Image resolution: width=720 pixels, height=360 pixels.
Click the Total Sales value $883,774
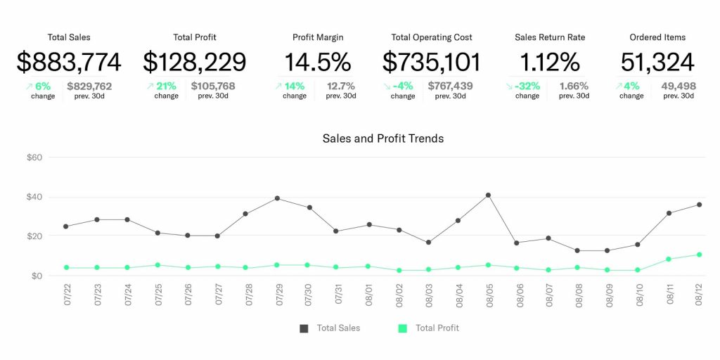pos(69,62)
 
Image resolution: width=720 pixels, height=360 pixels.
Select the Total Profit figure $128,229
pos(195,62)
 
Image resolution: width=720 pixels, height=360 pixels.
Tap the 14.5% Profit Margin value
pos(317,62)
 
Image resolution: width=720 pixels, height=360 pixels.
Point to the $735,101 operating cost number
pos(432,62)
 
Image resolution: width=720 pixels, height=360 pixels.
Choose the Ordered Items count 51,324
pos(657,62)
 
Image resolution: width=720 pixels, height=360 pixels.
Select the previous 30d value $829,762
pos(89,86)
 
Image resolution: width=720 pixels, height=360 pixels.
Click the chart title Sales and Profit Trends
pos(383,139)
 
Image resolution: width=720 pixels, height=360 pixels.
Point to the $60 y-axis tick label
pos(34,157)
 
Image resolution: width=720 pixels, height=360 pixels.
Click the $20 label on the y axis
pos(34,236)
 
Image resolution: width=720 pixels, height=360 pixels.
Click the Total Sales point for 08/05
pos(488,195)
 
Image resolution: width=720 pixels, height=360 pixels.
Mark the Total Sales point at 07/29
pos(278,198)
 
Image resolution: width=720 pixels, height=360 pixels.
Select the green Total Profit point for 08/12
pos(699,255)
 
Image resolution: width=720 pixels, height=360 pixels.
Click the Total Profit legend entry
pos(430,328)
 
